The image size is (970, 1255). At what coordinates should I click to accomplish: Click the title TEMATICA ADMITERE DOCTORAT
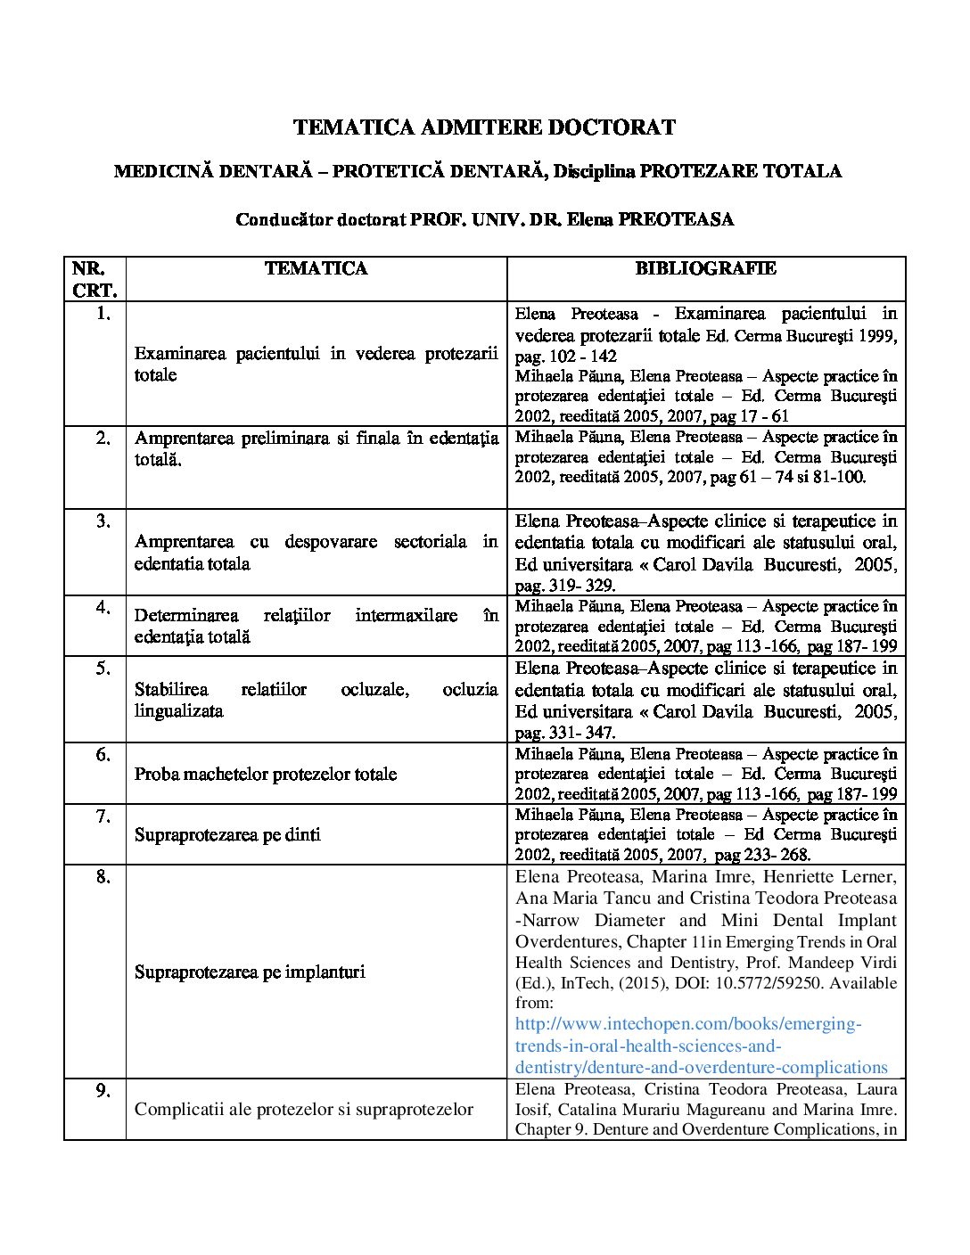pos(484,127)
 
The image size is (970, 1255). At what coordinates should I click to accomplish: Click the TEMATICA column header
pos(316,268)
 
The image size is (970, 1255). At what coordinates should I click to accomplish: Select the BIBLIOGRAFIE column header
pos(705,268)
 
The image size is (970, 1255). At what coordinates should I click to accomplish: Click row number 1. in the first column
pos(103,313)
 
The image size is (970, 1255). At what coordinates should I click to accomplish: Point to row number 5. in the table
pos(103,668)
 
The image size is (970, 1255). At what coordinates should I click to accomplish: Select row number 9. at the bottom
pos(103,1089)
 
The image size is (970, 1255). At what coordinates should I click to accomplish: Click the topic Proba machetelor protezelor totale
pos(266,774)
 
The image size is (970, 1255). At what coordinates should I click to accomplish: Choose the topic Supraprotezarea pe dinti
pos(227,834)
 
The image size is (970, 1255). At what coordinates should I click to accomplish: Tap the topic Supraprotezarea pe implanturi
pos(250,972)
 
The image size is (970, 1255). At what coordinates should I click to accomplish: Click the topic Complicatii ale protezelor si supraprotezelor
pos(303,1109)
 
